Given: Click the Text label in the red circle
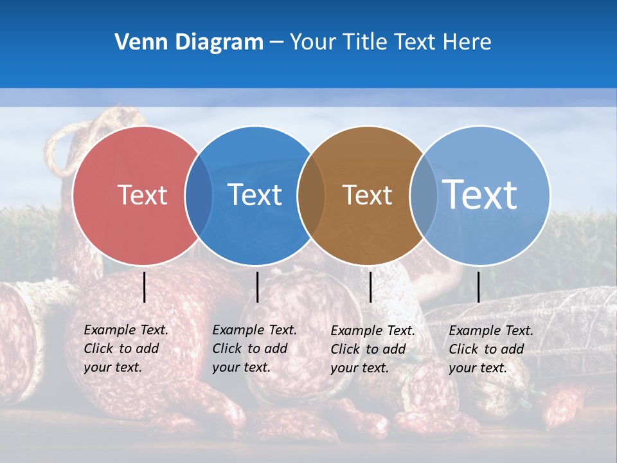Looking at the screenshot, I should (142, 195).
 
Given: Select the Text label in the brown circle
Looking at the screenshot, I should (367, 195).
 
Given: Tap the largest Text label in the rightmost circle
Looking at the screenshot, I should (480, 194).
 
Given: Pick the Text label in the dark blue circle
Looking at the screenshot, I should (255, 195).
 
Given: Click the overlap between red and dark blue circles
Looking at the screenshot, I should (199, 195).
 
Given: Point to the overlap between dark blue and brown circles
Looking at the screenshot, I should (311, 195).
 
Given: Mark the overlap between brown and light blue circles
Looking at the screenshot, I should (424, 195).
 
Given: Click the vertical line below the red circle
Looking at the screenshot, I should (145, 287).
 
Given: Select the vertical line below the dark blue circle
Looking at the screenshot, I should (257, 287).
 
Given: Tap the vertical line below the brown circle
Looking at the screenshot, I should (370, 287).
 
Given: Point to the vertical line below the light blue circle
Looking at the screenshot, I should (478, 287).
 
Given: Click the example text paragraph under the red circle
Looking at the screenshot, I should (125, 349).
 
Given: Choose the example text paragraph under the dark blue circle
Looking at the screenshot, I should (254, 349).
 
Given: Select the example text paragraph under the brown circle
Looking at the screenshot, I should (372, 349).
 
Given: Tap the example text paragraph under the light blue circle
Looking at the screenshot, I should (490, 349).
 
